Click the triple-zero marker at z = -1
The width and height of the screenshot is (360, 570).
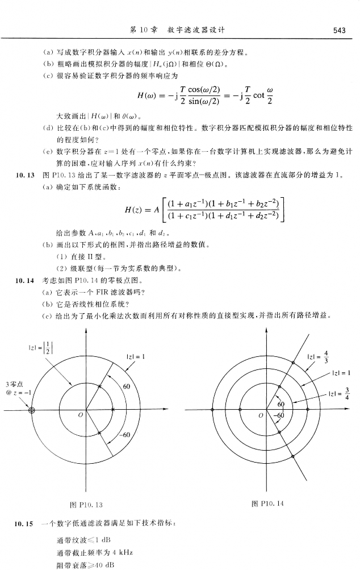click(x=32, y=410)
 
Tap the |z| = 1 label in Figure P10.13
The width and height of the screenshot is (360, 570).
click(x=136, y=356)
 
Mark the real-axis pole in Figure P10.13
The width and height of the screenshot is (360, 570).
click(x=113, y=410)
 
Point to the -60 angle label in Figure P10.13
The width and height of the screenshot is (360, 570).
click(x=126, y=435)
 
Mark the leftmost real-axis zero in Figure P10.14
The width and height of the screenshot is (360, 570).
click(x=212, y=409)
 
